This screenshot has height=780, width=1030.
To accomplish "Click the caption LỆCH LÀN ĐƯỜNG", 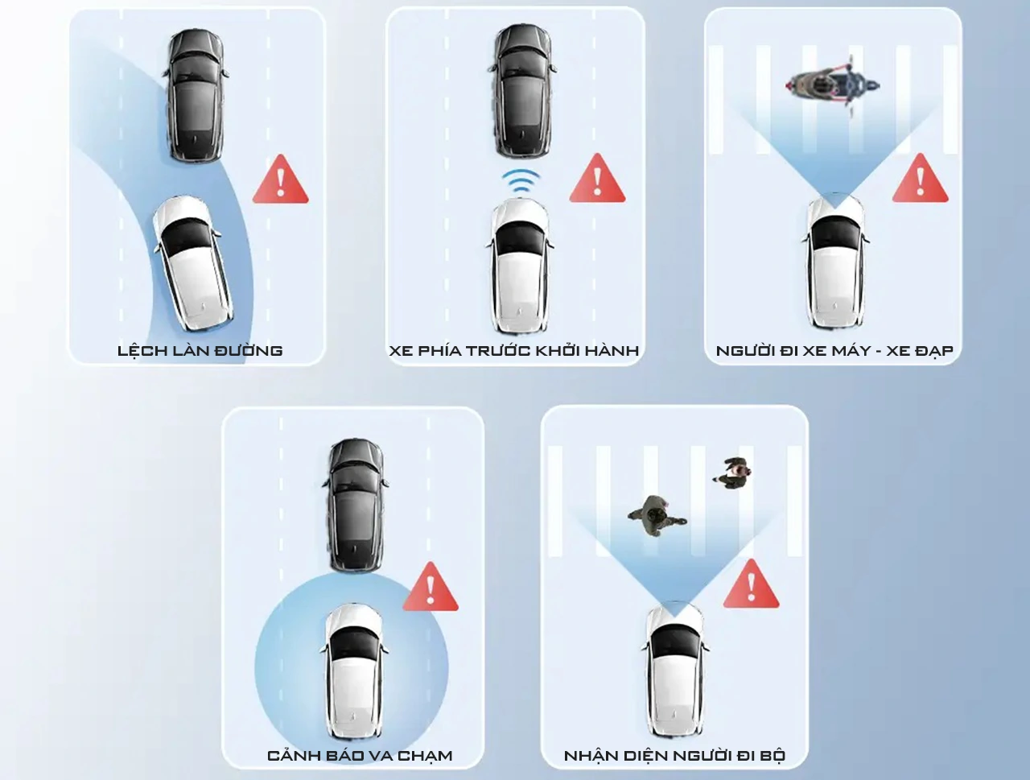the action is (x=200, y=351).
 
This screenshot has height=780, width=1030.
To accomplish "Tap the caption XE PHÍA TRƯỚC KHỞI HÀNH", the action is (x=514, y=351).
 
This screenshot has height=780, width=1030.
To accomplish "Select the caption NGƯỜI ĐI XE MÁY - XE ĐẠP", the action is (x=834, y=351).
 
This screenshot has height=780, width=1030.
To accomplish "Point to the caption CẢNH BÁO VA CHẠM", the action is (x=360, y=755).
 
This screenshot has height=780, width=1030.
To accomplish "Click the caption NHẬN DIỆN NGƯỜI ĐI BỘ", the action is (x=675, y=756).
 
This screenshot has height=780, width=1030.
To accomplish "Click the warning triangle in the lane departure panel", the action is (x=281, y=180).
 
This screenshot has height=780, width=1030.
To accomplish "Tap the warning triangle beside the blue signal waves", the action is (x=597, y=179).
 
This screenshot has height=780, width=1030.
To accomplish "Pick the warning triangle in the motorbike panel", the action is (x=920, y=179).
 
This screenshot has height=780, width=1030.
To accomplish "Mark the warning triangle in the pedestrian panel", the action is (x=751, y=584).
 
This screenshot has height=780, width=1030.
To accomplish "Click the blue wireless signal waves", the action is (x=521, y=180).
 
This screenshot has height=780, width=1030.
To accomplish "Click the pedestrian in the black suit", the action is (x=732, y=473).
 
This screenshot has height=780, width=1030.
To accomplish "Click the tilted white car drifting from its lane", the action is (x=193, y=263).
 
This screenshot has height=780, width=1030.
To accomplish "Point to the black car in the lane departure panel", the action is (x=195, y=97).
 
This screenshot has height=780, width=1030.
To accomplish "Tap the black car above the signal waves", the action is (x=521, y=92).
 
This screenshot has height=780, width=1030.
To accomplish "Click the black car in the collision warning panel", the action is (x=355, y=506).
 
